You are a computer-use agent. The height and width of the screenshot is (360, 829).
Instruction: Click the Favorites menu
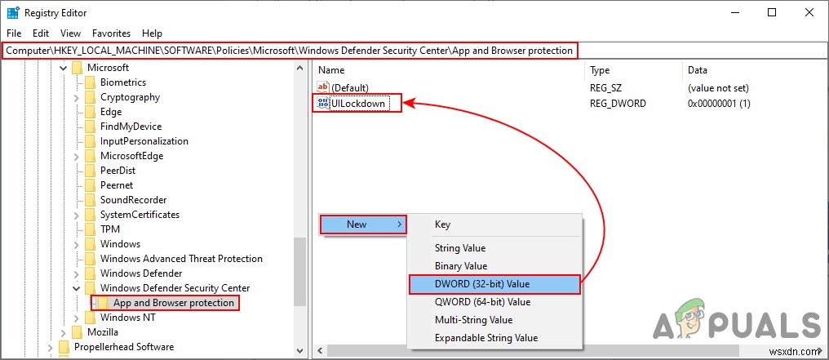coord(111,33)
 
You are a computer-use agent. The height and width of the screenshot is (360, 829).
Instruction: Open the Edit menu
coord(41,33)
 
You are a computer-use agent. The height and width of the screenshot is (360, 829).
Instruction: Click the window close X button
coord(807,12)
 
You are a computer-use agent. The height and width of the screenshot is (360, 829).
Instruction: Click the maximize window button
coord(771,12)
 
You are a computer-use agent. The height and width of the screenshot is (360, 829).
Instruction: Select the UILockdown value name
coord(359,104)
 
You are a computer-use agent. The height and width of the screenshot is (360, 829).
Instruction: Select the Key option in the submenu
coord(442,224)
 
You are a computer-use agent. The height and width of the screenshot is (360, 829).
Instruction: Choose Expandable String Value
coord(485,338)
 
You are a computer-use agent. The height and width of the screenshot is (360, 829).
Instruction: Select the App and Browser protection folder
coord(174,303)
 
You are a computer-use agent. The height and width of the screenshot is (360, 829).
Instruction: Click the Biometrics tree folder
coord(123,82)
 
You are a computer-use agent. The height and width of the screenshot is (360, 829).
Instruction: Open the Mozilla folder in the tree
coord(103,332)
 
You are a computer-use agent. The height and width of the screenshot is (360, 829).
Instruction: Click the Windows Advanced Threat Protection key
coord(181,259)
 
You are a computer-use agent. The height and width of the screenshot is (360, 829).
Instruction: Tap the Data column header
coord(698,70)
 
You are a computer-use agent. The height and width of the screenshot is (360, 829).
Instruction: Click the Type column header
coord(600,70)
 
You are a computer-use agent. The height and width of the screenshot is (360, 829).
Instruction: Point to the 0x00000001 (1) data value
coord(719,104)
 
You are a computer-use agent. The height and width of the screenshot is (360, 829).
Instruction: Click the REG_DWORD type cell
coord(618,104)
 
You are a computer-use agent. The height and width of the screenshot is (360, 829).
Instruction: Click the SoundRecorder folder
coord(133,200)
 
